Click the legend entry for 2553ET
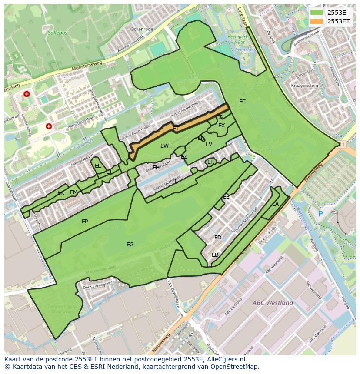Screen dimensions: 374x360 pyautogui.click(x=339, y=21)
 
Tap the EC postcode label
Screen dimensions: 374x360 pyautogui.click(x=243, y=102)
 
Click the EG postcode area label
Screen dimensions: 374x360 pyautogui.click(x=130, y=245)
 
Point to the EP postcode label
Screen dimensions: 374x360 pyautogui.click(x=85, y=222)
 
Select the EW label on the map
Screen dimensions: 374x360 pyautogui.click(x=164, y=146)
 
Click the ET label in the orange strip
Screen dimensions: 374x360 pyautogui.click(x=176, y=129)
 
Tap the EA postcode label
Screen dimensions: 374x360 pyautogui.click(x=275, y=204)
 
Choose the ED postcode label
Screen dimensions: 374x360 pyautogui.click(x=218, y=238)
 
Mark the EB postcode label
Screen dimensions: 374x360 pyautogui.click(x=215, y=255)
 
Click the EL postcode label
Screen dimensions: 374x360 pyautogui.click(x=98, y=166)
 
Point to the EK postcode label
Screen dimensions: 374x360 pyautogui.click(x=60, y=193)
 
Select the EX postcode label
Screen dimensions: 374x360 pyautogui.click(x=222, y=126)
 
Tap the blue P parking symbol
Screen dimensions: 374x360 pyautogui.click(x=320, y=214)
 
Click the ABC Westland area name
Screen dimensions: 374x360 pyautogui.click(x=273, y=303)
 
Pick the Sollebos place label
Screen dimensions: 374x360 pyautogui.click(x=57, y=33)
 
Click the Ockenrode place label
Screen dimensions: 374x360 pyautogui.click(x=142, y=29)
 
